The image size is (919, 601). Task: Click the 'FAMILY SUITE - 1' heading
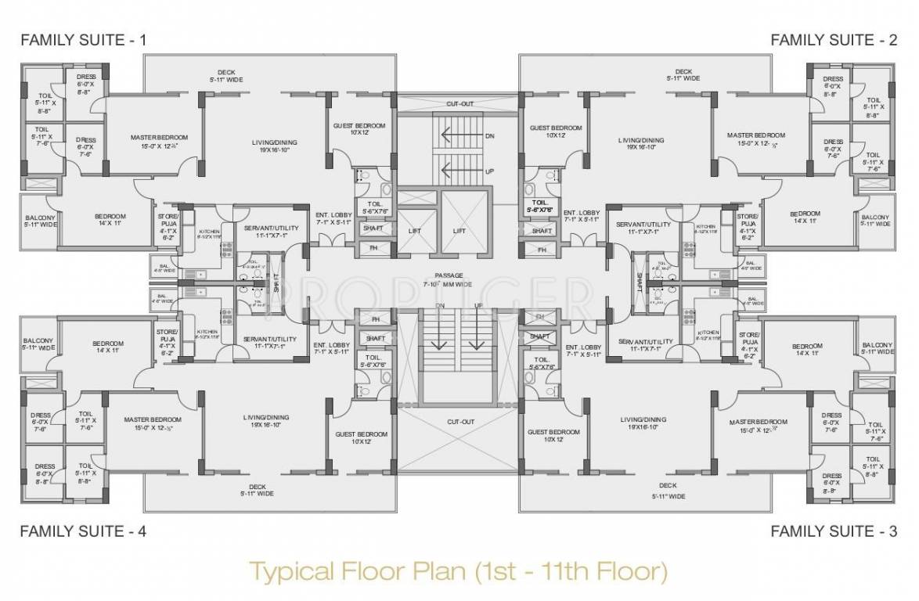point(82,39)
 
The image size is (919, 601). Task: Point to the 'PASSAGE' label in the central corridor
point(450,275)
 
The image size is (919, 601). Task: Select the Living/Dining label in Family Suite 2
point(640,140)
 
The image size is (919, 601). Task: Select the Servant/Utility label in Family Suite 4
point(269,339)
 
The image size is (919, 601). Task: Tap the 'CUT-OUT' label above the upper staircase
point(459,103)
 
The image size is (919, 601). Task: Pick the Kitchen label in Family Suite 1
point(207,232)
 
